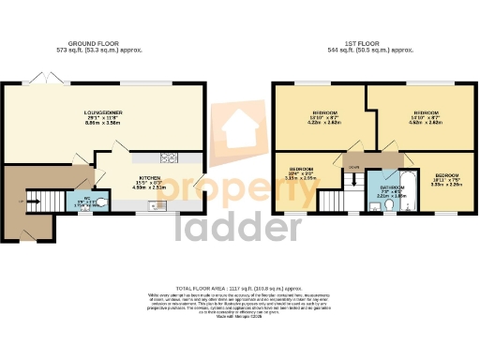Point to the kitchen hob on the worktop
click(171, 157)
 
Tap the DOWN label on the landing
click(353, 167)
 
